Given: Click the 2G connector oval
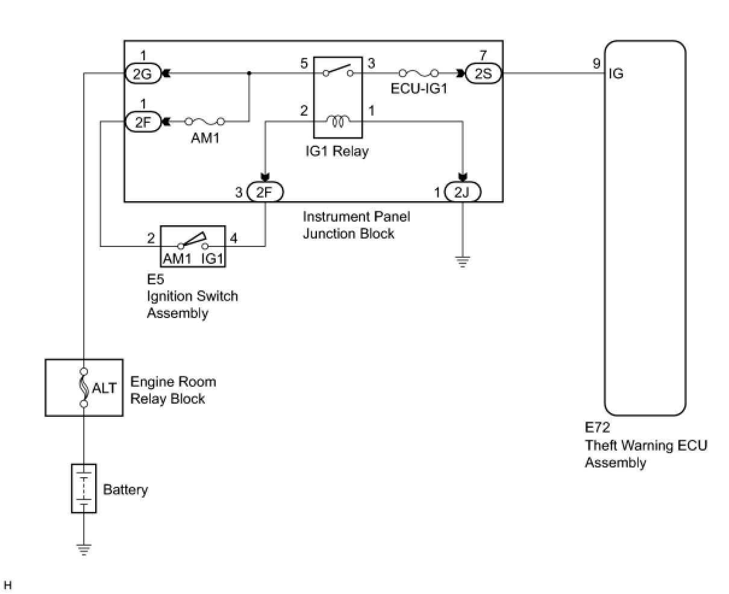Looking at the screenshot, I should click(x=143, y=73).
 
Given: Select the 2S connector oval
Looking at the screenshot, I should click(x=483, y=73).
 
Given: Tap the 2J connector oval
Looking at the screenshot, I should click(x=461, y=192).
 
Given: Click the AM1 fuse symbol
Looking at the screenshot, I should click(x=205, y=122).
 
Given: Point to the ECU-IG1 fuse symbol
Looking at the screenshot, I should click(x=418, y=73).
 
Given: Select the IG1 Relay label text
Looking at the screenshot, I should click(x=337, y=151).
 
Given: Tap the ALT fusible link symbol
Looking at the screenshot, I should click(x=84, y=387).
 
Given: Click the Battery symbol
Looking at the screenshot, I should click(x=84, y=488).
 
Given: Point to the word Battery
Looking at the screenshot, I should click(x=125, y=489).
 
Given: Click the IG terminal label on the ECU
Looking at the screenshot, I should click(x=616, y=74).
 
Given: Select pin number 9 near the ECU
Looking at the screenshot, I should click(x=596, y=63).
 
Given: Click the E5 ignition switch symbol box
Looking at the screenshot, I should click(x=192, y=246).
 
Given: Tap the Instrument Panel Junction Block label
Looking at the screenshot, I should click(x=356, y=225).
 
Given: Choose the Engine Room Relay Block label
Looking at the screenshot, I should click(x=173, y=390).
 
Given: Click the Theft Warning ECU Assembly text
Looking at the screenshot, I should click(x=646, y=454).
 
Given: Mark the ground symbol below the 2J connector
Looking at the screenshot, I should click(x=461, y=261).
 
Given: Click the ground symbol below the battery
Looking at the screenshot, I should click(x=84, y=548).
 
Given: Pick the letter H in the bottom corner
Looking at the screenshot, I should click(x=8, y=584).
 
